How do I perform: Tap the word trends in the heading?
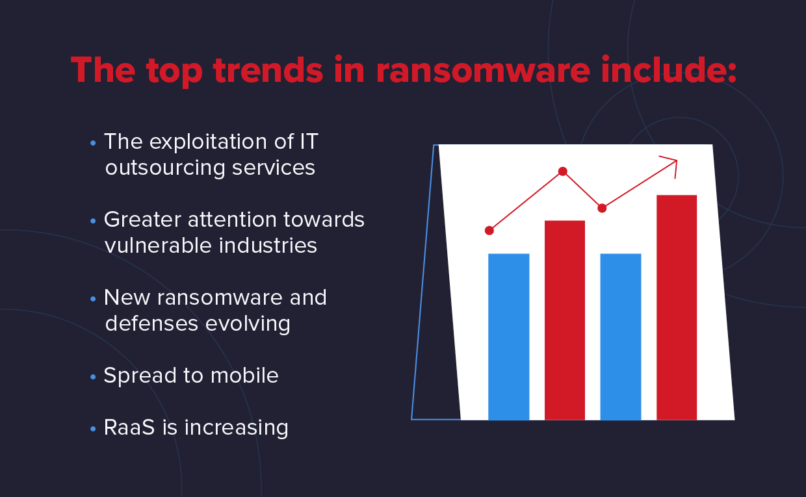tap(267, 70)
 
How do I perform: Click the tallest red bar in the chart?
tap(677, 307)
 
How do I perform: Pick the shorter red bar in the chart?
tap(564, 320)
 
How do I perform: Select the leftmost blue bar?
tap(508, 336)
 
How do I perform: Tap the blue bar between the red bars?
tap(620, 336)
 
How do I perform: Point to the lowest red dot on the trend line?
tap(489, 230)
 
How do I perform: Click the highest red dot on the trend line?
tap(563, 172)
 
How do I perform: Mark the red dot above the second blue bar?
tap(602, 208)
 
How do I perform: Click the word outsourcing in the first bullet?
tap(165, 168)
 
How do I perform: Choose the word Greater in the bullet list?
tap(142, 220)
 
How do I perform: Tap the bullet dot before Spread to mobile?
tap(94, 377)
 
